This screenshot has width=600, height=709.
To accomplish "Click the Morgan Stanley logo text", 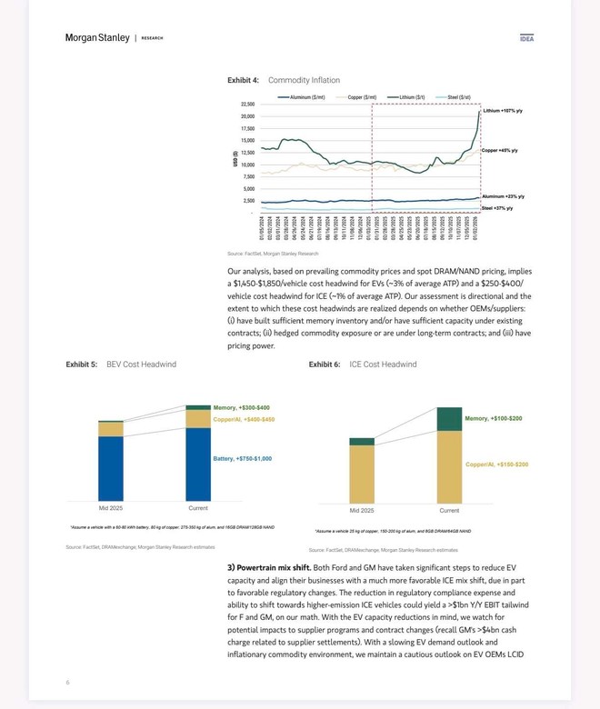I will (98, 37).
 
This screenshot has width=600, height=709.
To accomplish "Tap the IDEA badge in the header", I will (526, 38).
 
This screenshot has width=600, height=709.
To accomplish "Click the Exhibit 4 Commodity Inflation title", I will (284, 80).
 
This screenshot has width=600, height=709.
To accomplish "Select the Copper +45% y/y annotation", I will (499, 150).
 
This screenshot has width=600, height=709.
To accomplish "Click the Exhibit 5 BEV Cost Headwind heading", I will (121, 364).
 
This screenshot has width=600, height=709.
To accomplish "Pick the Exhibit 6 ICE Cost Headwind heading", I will (363, 364).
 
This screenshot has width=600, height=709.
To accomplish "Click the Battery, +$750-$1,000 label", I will (243, 458).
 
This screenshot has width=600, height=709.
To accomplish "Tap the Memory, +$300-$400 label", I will (242, 407).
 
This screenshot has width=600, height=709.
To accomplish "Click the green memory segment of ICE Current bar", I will (449, 419).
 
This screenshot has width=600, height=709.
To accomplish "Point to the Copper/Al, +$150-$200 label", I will (496, 464).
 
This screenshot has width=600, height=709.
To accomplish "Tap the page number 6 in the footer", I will (67, 681).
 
